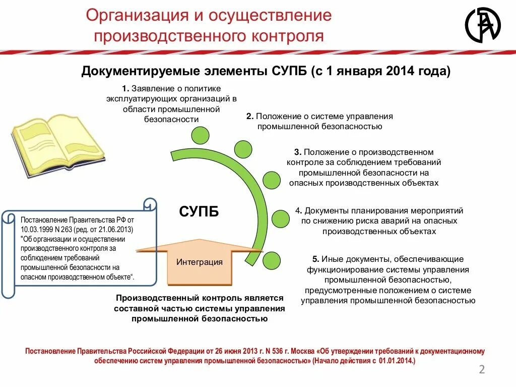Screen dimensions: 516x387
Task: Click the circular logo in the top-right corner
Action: click(482, 25)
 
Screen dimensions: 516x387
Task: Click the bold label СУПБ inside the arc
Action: click(199, 211)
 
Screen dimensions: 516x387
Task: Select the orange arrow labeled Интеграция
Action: click(200, 262)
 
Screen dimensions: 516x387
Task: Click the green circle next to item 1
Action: click(200, 135)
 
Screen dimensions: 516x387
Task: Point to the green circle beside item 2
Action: click(243, 149)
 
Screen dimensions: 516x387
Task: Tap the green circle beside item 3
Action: click(272, 180)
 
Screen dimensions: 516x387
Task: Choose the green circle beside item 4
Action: click(281, 219)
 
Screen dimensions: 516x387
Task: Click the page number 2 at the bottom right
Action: click(481, 370)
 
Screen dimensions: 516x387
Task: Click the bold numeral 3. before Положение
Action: click(298, 152)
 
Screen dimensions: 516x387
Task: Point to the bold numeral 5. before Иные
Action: click(315, 260)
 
